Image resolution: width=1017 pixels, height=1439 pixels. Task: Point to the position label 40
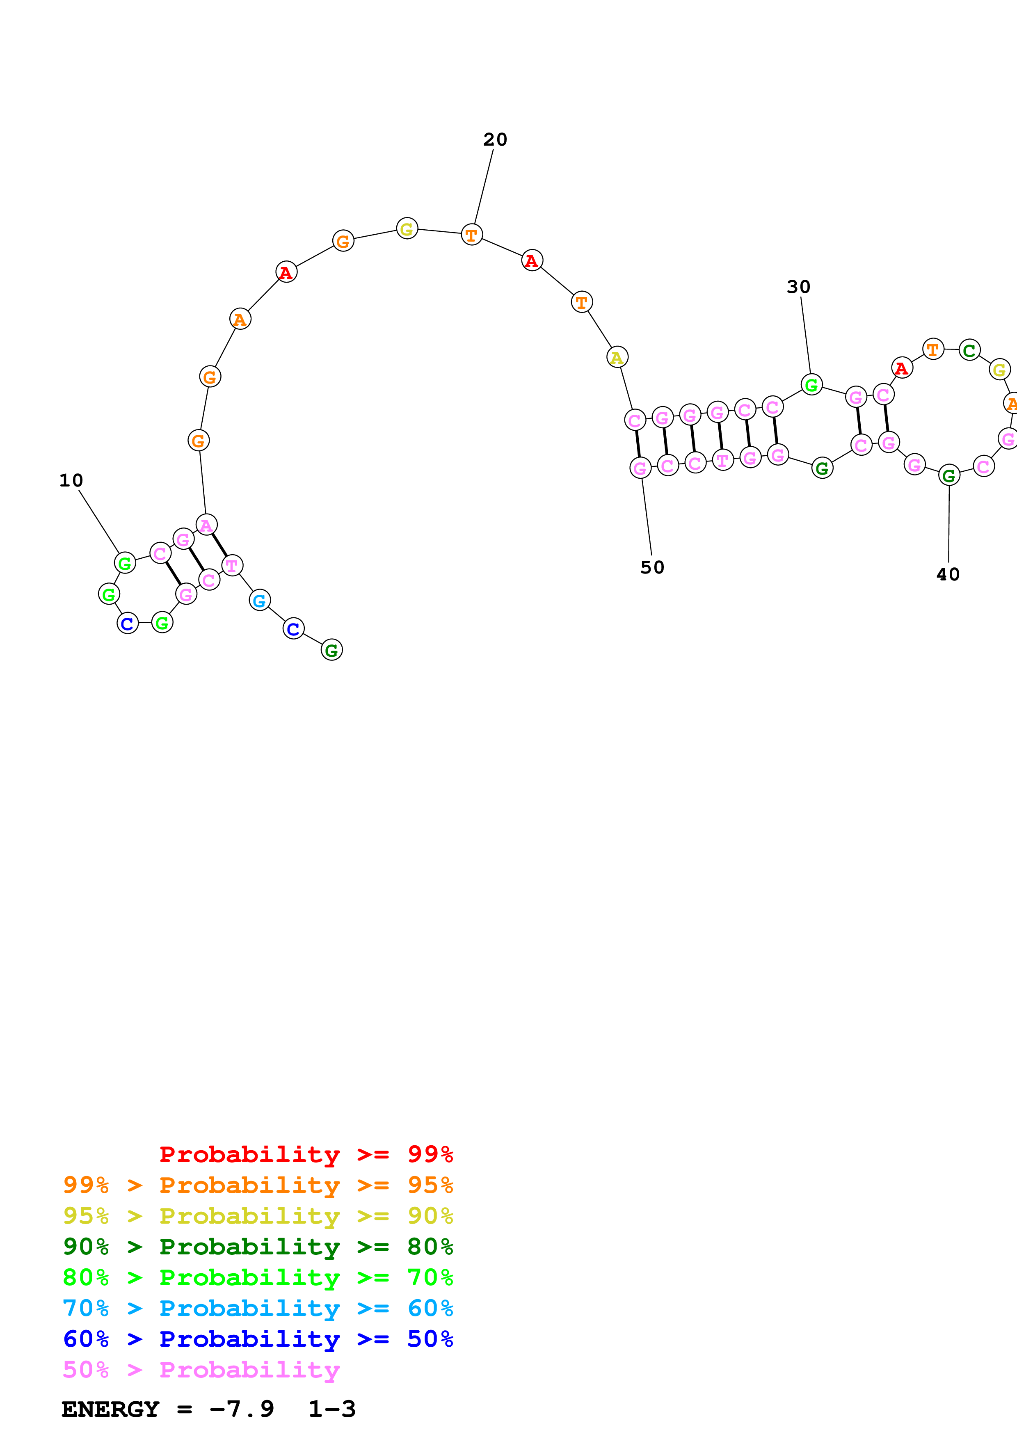(x=947, y=574)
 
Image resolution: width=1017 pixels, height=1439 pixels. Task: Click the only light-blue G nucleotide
(x=259, y=601)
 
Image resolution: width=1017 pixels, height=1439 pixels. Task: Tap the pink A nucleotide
(x=206, y=525)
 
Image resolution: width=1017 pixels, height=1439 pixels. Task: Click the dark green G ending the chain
(x=331, y=651)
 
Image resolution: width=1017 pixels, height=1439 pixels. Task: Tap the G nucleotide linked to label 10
(x=125, y=563)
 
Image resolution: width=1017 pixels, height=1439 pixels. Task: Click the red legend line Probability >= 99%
(x=306, y=1154)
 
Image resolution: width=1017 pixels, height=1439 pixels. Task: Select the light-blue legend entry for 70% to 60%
(x=258, y=1308)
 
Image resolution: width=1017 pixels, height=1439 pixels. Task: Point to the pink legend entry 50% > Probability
(x=201, y=1369)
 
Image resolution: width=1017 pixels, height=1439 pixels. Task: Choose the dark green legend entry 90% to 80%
(x=258, y=1247)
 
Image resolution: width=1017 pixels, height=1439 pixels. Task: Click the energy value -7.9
(x=241, y=1409)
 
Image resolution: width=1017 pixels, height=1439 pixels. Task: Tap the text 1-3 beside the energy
(x=331, y=1409)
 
